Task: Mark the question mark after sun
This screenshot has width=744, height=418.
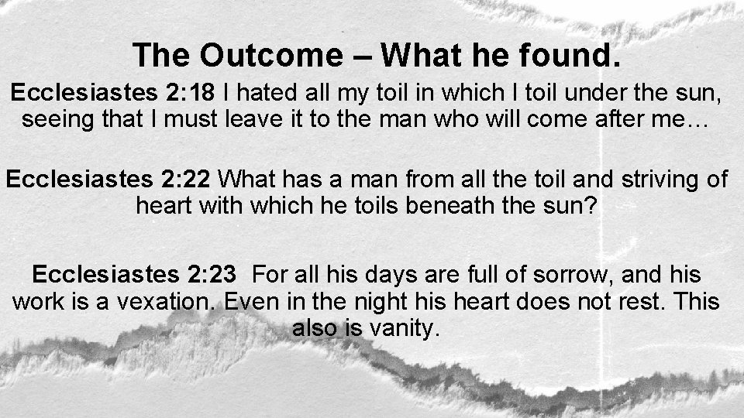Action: pos(600,206)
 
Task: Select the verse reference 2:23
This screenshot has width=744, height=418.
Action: pos(213,275)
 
